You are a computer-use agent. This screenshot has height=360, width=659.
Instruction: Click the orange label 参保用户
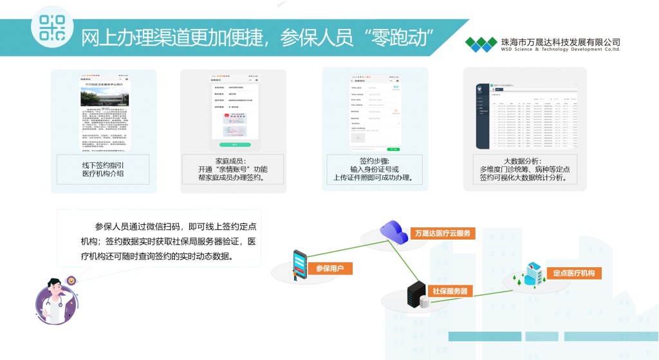[x=330, y=268]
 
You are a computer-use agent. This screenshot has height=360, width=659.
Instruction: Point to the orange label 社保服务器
[x=450, y=292]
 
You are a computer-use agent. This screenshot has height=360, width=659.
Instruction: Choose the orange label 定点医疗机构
[x=573, y=272]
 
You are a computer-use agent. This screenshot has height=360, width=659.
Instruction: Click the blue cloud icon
[x=393, y=231]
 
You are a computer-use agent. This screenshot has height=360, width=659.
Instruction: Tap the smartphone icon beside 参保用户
[x=300, y=263]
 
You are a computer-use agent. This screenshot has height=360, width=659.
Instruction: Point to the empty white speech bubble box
[x=158, y=238]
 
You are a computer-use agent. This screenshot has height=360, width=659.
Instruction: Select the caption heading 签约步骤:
[x=374, y=160]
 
